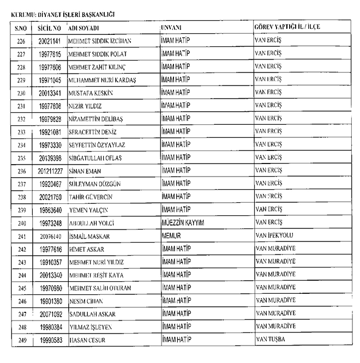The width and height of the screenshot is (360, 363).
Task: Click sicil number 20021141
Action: pyautogui.click(x=50, y=41)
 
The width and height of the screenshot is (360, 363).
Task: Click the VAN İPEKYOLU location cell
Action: pyautogui.click(x=277, y=236)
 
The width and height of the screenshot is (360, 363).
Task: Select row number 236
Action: pyautogui.click(x=22, y=171)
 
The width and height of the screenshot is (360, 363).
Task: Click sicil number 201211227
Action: pyautogui.click(x=50, y=171)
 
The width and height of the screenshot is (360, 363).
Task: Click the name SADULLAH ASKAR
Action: pyautogui.click(x=92, y=314)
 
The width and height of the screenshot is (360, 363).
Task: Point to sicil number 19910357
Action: pyautogui.click(x=50, y=262)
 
